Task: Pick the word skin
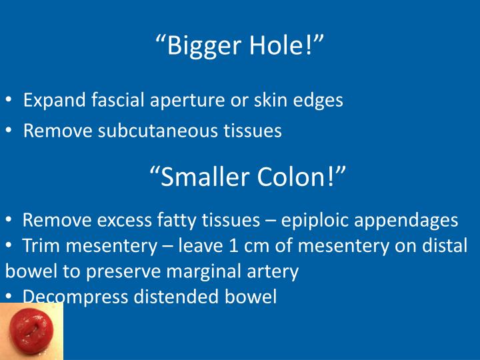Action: pyautogui.click(x=260, y=101)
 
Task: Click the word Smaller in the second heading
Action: pyautogui.click(x=202, y=177)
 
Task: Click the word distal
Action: pyautogui.click(x=447, y=246)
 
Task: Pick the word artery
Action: pyautogui.click(x=276, y=272)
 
